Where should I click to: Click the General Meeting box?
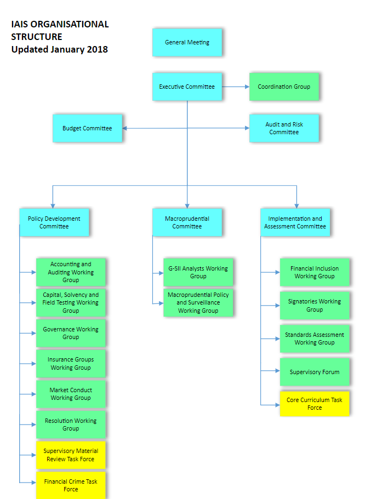[x=187, y=42]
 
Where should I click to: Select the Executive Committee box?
[x=187, y=87]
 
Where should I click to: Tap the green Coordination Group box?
[x=284, y=87]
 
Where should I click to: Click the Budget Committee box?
[x=87, y=128]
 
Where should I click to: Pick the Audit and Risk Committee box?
[x=284, y=128]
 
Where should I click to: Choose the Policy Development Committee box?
[x=54, y=222]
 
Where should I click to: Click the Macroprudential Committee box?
[x=187, y=222]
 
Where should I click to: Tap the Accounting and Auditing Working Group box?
[x=71, y=272]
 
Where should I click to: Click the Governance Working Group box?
[x=71, y=333]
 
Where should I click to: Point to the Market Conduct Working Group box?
[x=71, y=394]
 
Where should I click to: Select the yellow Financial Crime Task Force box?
[x=71, y=485]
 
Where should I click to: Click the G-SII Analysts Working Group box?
[x=198, y=272]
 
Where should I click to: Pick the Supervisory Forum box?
[x=315, y=372]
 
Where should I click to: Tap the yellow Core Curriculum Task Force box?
[x=315, y=404]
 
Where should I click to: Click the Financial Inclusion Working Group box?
[x=315, y=272]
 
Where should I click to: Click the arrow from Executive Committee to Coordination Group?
[x=236, y=87]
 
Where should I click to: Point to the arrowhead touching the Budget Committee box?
[x=126, y=129]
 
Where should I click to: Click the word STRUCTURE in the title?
[x=37, y=37]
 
